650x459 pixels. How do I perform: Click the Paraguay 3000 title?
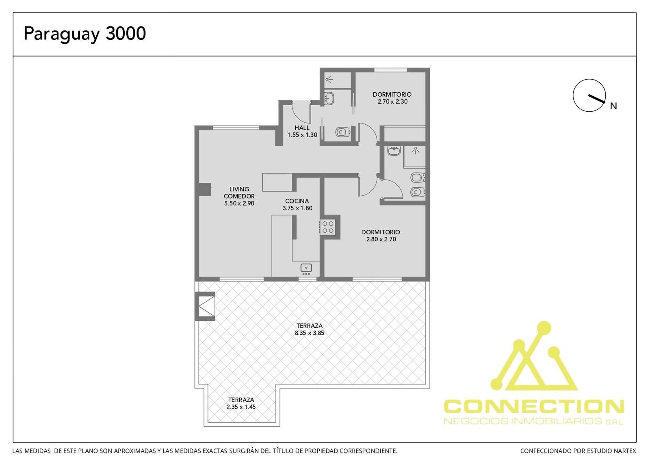[84, 34]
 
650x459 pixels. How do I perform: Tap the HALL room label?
[302, 128]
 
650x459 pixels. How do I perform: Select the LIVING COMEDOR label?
[239, 193]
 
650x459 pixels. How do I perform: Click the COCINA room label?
[297, 201]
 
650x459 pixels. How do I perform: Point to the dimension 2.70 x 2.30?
[392, 102]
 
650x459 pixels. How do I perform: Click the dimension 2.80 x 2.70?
[381, 239]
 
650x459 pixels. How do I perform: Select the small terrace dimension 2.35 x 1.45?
[241, 407]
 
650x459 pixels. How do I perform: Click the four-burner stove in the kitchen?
[328, 227]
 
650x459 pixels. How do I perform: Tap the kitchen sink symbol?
[306, 269]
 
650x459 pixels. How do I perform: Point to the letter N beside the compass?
[613, 106]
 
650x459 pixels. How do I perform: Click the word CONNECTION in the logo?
[534, 406]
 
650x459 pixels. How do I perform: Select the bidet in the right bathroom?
[418, 178]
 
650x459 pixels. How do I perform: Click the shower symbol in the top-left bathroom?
[329, 79]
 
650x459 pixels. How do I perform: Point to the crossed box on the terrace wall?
[207, 306]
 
